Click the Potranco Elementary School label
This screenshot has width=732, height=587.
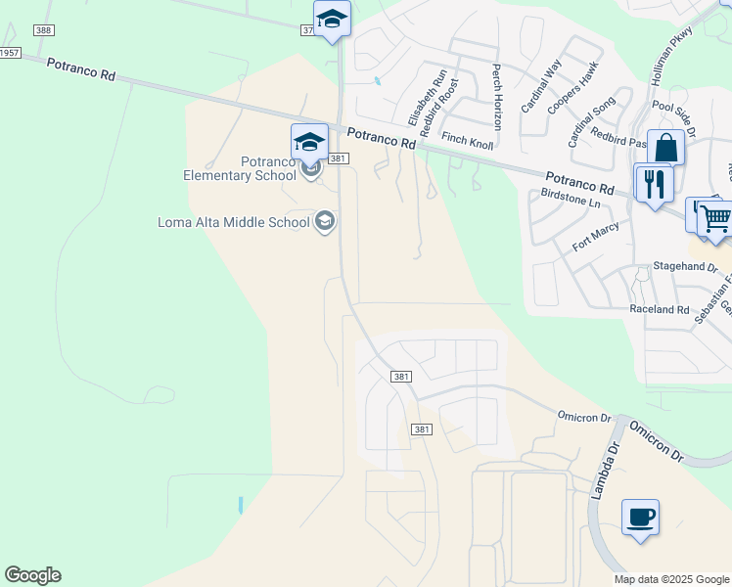click(x=240, y=168)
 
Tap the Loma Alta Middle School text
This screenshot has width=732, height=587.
click(x=234, y=222)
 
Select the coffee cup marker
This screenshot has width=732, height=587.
click(x=640, y=518)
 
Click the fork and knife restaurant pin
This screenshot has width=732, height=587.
click(x=653, y=183)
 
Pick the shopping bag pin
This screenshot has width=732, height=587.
click(x=665, y=150)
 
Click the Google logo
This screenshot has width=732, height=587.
click(x=32, y=575)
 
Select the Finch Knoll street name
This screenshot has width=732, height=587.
click(x=467, y=141)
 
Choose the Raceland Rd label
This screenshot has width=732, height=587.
click(x=660, y=309)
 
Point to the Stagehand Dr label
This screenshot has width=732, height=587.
click(x=685, y=266)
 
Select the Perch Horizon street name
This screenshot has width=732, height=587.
click(x=497, y=97)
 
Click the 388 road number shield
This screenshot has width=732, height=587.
click(x=42, y=31)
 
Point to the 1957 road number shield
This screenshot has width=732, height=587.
click(x=9, y=52)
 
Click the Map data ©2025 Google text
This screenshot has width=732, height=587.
click(x=671, y=579)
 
